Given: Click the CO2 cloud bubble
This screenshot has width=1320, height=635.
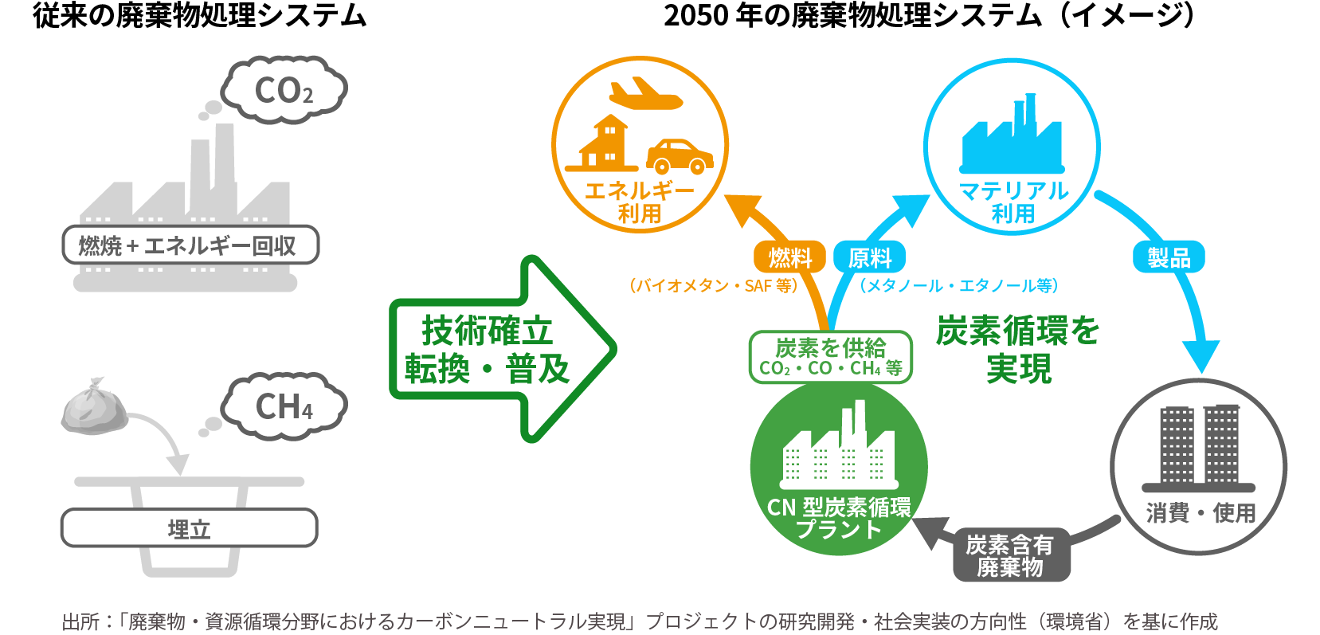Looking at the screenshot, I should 284,90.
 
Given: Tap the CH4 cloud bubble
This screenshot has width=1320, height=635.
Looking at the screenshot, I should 284,406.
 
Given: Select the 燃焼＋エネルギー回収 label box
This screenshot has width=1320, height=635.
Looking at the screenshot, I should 190,245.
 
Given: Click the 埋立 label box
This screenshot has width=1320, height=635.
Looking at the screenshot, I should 190,528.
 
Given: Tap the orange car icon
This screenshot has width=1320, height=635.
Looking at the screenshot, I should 679,156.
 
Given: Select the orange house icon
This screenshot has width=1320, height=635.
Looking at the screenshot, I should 604,144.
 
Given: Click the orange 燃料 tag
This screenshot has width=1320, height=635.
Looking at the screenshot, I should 789,257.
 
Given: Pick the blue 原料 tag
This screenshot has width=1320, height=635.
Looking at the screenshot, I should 869,257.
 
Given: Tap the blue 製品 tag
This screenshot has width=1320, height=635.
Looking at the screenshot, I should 1169,257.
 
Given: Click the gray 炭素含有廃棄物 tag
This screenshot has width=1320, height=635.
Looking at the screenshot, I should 1010,556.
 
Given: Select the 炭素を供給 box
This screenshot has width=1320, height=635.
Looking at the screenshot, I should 830,357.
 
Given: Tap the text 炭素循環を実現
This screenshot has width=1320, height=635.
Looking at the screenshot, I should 1017,349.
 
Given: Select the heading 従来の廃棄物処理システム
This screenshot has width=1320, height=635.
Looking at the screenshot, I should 199,16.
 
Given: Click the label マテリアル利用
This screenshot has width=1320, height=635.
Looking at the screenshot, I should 1013,202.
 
